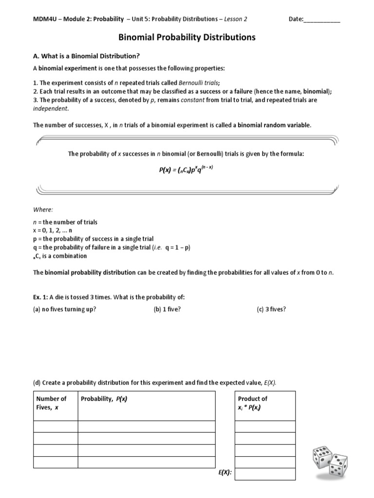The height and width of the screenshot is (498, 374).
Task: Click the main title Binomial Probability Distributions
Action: (187, 37)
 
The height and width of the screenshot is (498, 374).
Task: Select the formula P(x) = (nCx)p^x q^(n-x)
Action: (187, 169)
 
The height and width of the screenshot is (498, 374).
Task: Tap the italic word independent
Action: (51, 108)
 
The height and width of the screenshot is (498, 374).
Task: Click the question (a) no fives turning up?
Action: (65, 309)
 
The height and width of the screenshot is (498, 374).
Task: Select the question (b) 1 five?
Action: (167, 309)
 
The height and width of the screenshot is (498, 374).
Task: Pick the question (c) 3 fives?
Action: (272, 309)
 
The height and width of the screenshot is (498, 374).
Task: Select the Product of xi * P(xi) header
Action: (253, 403)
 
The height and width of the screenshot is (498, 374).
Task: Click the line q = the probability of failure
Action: (112, 247)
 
